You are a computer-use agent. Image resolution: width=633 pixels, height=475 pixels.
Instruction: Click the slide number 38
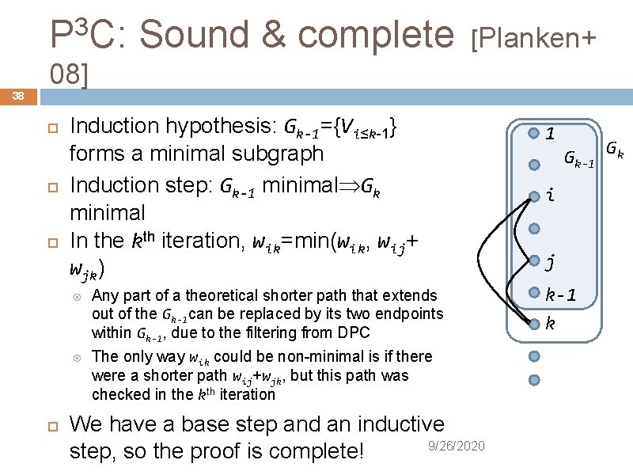[x=17, y=96]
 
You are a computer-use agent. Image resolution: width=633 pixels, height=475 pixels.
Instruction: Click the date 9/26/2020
[x=456, y=446]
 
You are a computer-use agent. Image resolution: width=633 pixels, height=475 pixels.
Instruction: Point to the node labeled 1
[x=534, y=133]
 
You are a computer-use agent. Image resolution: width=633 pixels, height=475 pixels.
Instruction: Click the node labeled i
[x=534, y=196]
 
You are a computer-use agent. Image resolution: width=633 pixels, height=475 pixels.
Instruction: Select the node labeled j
[x=534, y=260]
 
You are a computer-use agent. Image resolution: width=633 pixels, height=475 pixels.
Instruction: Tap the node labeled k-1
[x=534, y=292]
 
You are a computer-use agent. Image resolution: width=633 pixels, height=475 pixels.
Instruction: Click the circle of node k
[x=534, y=323]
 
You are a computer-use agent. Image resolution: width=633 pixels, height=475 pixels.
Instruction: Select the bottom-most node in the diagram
[x=534, y=380]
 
